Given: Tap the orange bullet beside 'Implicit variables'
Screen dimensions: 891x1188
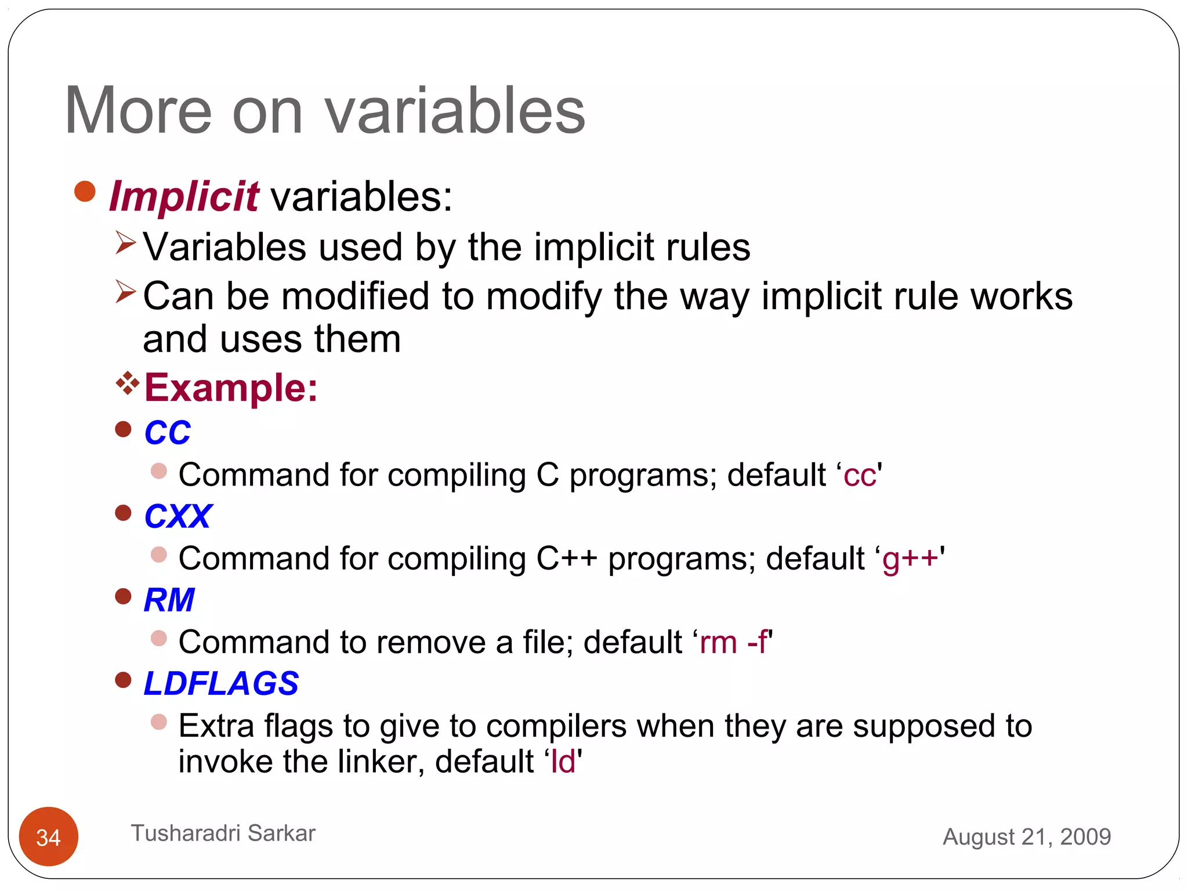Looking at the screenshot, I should pyautogui.click(x=85, y=191).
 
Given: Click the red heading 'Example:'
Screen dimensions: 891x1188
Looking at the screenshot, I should pyautogui.click(x=231, y=387).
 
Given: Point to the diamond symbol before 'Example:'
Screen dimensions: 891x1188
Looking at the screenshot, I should pyautogui.click(x=127, y=383).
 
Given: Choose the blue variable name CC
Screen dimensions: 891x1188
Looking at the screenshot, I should pyautogui.click(x=167, y=433).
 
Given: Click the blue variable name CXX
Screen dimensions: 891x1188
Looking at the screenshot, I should pyautogui.click(x=178, y=516).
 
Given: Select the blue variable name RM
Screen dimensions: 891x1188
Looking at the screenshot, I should pyautogui.click(x=169, y=600).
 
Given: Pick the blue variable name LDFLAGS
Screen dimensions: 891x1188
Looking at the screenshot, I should pyautogui.click(x=221, y=683).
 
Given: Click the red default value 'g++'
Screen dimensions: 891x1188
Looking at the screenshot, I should pyautogui.click(x=910, y=559).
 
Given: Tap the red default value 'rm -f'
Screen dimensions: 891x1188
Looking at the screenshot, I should pyautogui.click(x=734, y=643).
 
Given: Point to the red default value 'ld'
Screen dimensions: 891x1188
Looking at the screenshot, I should pyautogui.click(x=563, y=762).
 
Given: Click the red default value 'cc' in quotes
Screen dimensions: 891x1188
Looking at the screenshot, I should pyautogui.click(x=859, y=476).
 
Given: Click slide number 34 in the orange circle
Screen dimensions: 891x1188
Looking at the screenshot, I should pyautogui.click(x=49, y=837).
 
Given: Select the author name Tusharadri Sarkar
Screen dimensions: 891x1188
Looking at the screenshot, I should pyautogui.click(x=223, y=834).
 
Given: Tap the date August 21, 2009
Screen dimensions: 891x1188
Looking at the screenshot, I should pyautogui.click(x=1026, y=837).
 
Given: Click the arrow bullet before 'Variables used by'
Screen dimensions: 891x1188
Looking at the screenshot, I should pyautogui.click(x=125, y=242).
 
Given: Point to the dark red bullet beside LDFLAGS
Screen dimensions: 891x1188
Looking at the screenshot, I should pyautogui.click(x=123, y=680).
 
